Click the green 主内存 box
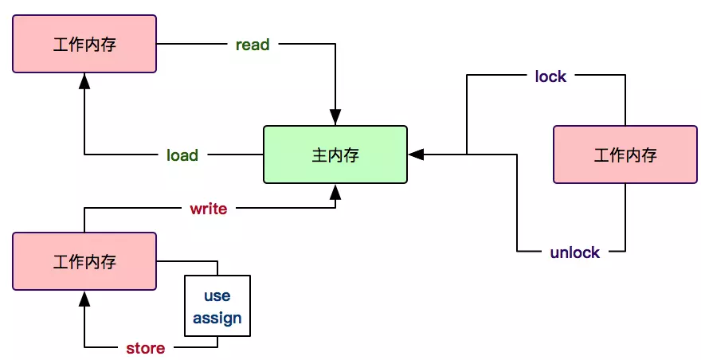(335, 155)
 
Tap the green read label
(253, 45)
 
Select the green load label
(182, 155)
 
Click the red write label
(208, 209)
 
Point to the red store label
(146, 348)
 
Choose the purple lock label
(550, 76)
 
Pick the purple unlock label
(574, 252)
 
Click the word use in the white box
(217, 295)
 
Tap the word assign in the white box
(217, 319)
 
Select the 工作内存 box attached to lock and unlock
(625, 155)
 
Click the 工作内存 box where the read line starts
(84, 44)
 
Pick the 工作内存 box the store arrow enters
(84, 261)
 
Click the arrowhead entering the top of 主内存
(335, 118)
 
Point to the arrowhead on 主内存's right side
(416, 155)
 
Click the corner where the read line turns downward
(335, 45)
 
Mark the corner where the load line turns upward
(84, 155)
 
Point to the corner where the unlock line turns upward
(625, 252)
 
